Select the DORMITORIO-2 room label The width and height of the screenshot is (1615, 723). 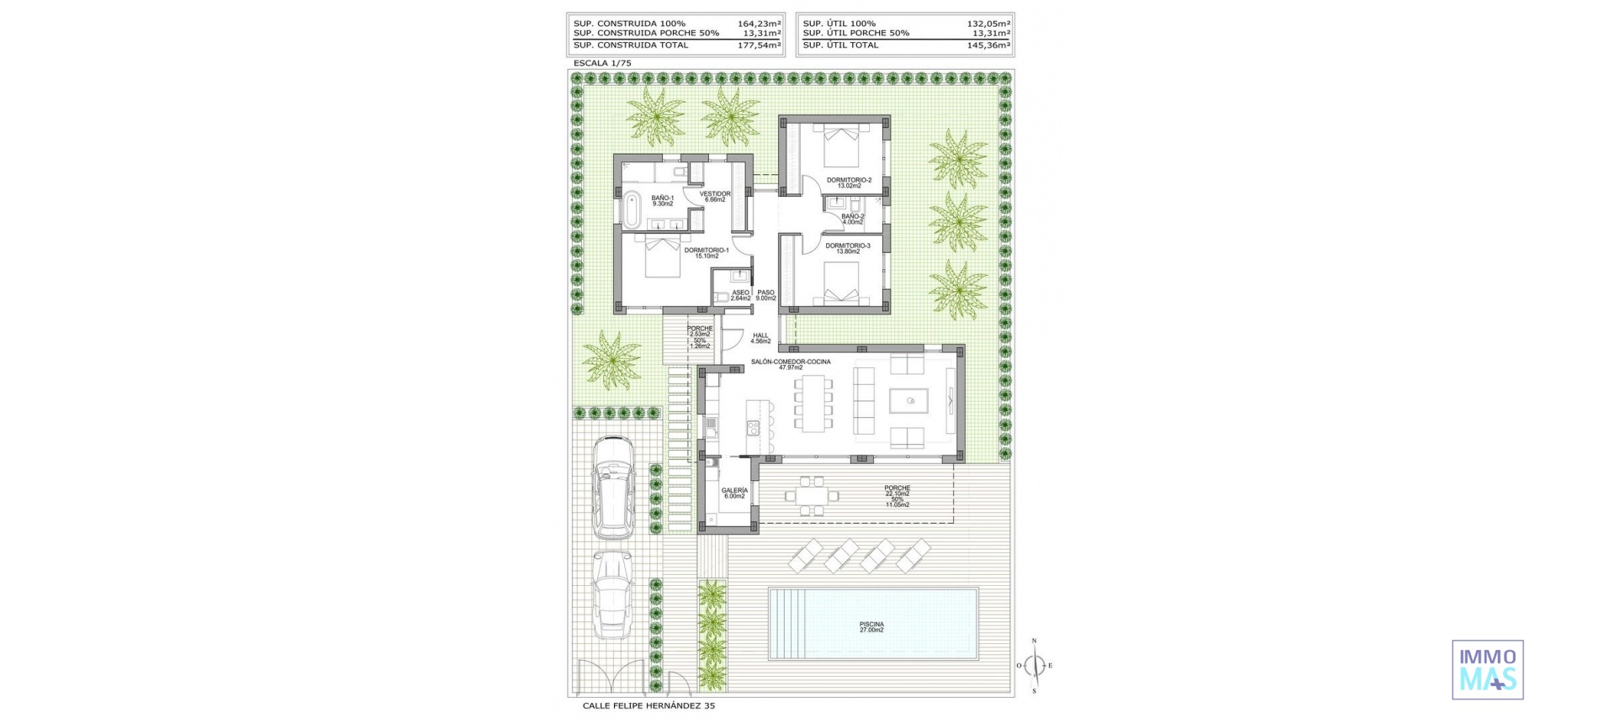coord(849,182)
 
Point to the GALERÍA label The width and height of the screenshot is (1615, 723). coord(734,493)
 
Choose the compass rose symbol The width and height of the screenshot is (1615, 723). coord(1035,666)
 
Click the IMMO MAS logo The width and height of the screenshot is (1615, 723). coord(1487,669)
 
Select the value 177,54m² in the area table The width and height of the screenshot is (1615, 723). coord(760,45)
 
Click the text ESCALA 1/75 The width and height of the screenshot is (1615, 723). coord(601,63)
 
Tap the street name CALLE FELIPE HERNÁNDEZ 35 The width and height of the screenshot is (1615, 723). coord(649,706)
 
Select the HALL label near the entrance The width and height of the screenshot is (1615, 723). coord(760,338)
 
